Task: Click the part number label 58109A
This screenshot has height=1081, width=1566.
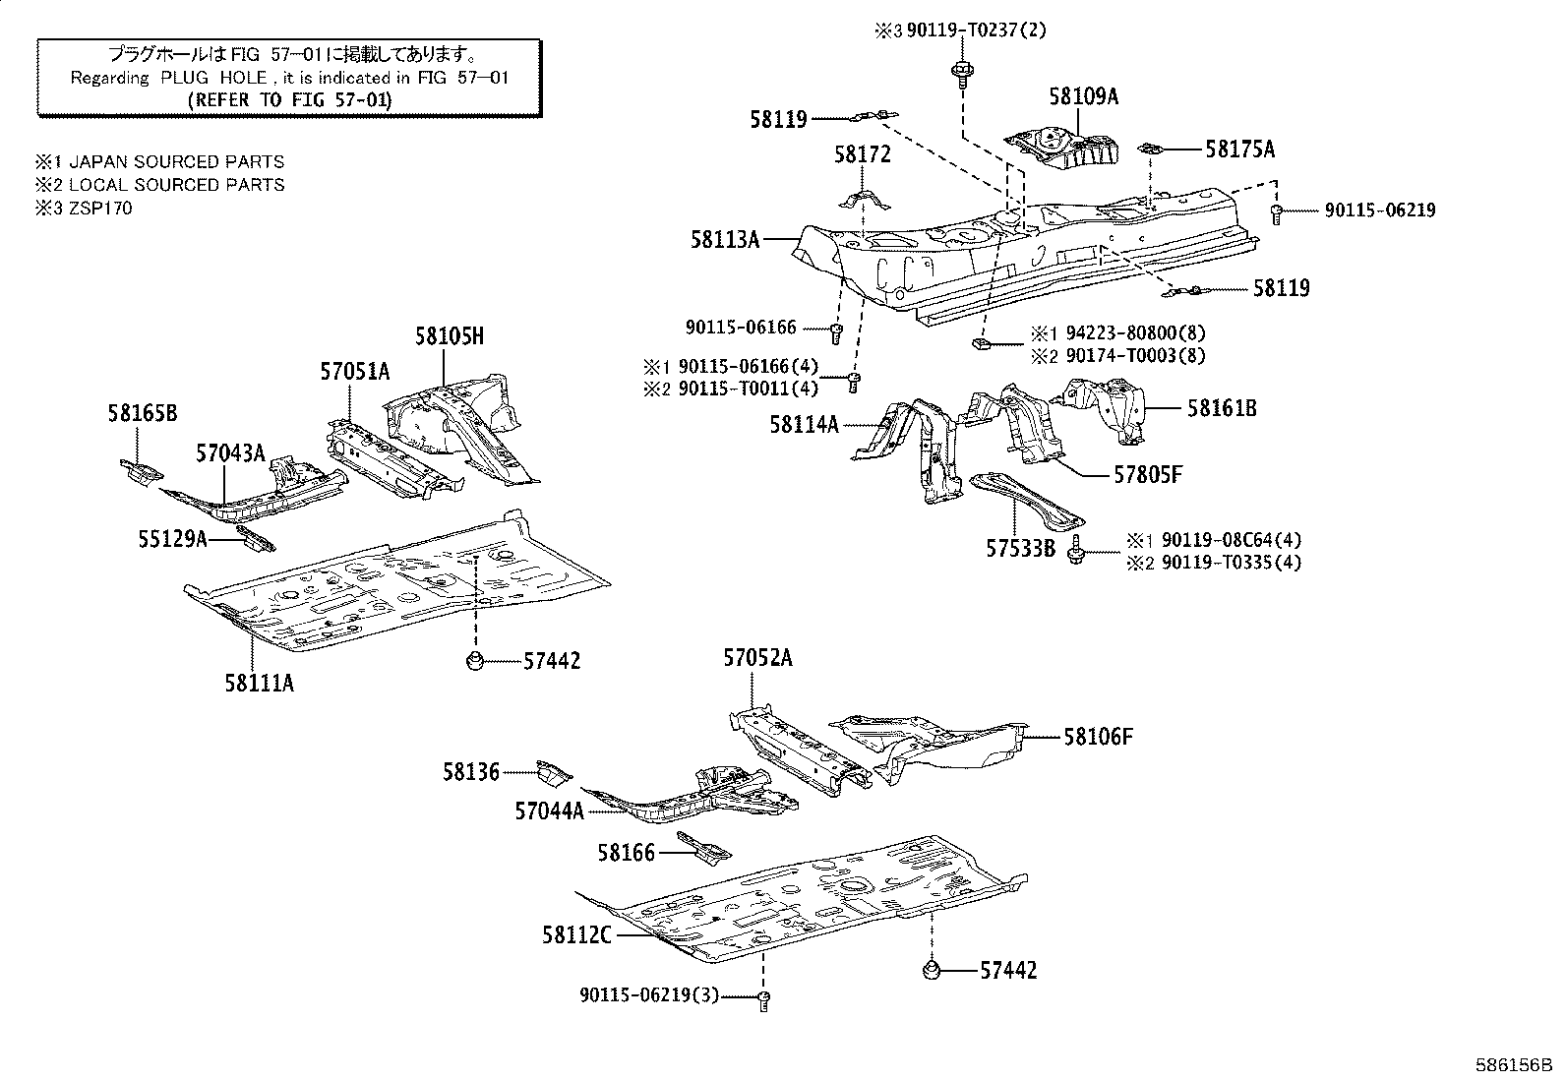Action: [1083, 96]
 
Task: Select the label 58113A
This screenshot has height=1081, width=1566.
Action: [725, 238]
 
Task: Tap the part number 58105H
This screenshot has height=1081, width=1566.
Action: [449, 336]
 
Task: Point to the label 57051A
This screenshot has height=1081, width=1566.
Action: [354, 371]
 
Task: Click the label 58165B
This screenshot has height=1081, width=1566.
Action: [143, 414]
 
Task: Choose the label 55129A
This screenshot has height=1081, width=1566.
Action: [172, 538]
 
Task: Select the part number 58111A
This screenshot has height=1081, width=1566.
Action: [259, 682]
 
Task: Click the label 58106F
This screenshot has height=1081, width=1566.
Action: [1098, 736]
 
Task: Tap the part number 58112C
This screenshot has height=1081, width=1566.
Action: [576, 934]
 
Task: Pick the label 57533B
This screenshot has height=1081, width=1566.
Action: [1020, 548]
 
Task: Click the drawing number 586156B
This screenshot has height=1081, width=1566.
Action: [1512, 1065]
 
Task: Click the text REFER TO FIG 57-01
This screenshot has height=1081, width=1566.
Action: [289, 99]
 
